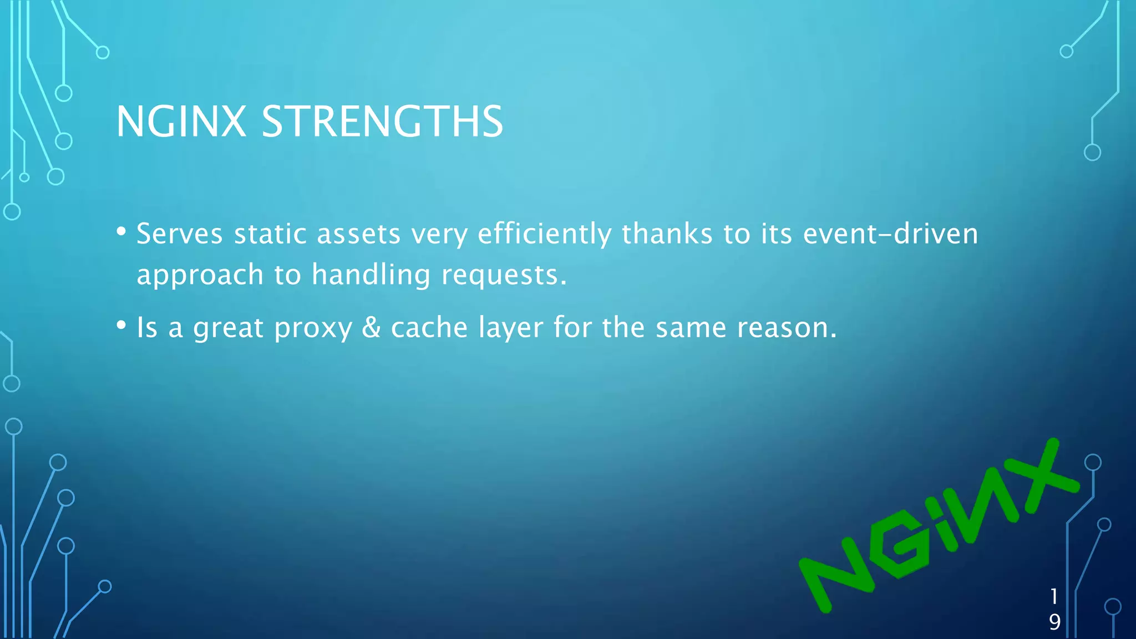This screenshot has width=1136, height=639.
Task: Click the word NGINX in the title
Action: coord(181,121)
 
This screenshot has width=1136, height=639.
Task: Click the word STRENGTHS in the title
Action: coord(382,121)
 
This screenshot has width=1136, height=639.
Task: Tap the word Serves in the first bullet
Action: coord(180,234)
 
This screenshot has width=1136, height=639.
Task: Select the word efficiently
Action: coord(544,234)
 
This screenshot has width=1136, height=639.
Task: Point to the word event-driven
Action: coord(890,234)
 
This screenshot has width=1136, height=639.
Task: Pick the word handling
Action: coord(371,275)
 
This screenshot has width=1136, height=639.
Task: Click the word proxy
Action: coord(313,328)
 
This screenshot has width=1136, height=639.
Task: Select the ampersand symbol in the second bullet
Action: coord(371,327)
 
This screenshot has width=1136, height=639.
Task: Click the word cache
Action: coord(429,327)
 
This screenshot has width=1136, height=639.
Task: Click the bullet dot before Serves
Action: coord(121,231)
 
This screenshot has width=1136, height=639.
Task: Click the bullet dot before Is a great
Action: coord(121,325)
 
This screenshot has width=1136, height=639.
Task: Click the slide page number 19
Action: coord(1054,609)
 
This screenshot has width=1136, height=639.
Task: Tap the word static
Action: coord(270,234)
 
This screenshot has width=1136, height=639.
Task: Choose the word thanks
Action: coord(667,234)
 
